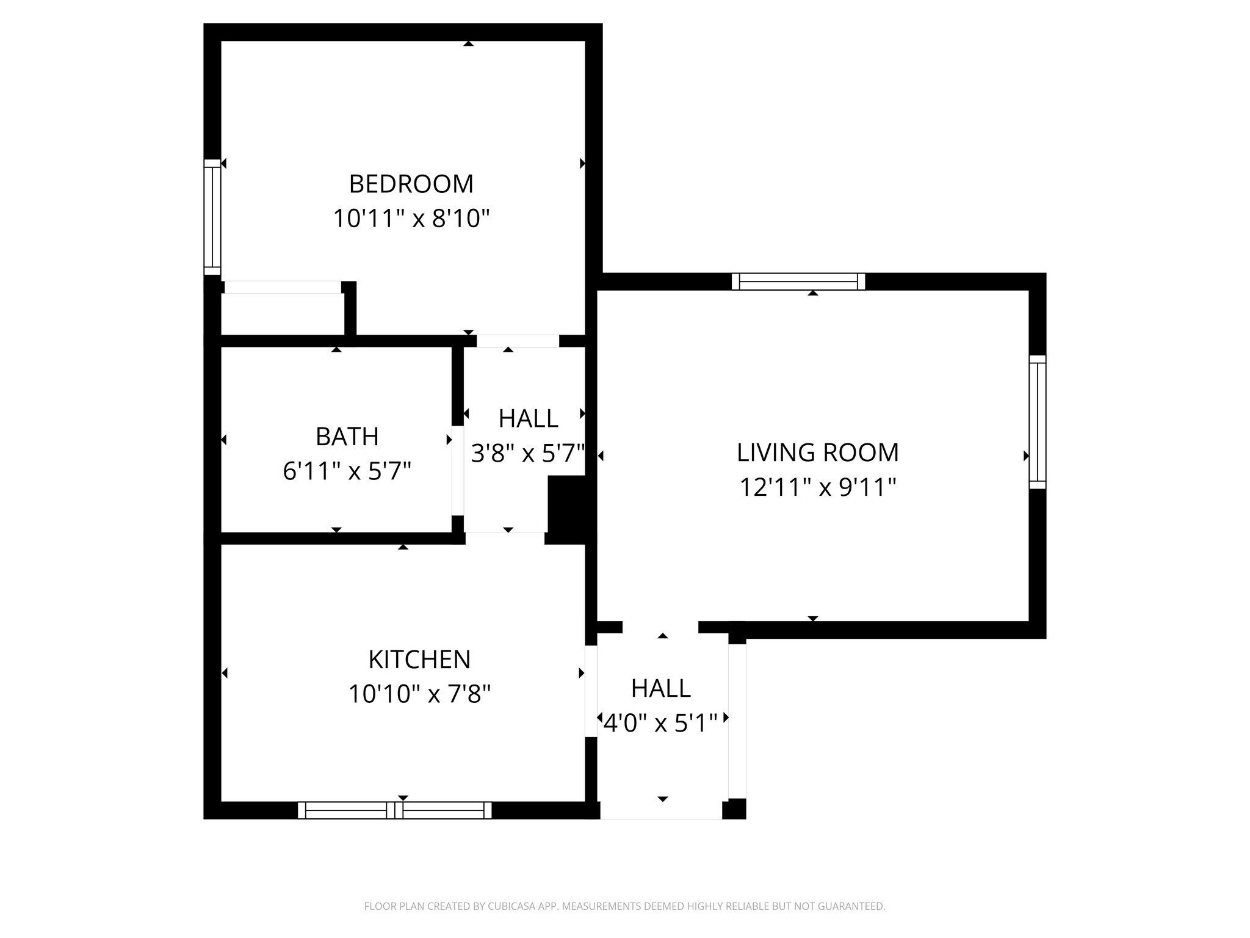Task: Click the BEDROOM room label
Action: tap(411, 184)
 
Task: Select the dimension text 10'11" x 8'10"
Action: tap(411, 219)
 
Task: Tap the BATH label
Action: tap(347, 437)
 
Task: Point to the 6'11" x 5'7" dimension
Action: tap(347, 471)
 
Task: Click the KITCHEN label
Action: tap(419, 660)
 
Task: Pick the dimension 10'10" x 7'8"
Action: tap(419, 694)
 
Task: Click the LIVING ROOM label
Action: tap(817, 453)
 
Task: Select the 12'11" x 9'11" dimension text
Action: tap(817, 487)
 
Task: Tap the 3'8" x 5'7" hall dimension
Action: tap(528, 454)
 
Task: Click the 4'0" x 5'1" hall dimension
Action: tap(660, 723)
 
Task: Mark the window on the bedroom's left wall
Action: tap(212, 217)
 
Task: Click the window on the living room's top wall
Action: tap(798, 282)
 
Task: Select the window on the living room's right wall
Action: tap(1037, 422)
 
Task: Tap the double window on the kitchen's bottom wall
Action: tap(394, 810)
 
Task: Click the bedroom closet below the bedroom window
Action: tap(282, 313)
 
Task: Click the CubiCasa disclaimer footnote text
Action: tap(624, 906)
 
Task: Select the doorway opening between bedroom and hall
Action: tap(518, 341)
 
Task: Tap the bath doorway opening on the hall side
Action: tap(457, 470)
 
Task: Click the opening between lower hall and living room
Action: tap(660, 627)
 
